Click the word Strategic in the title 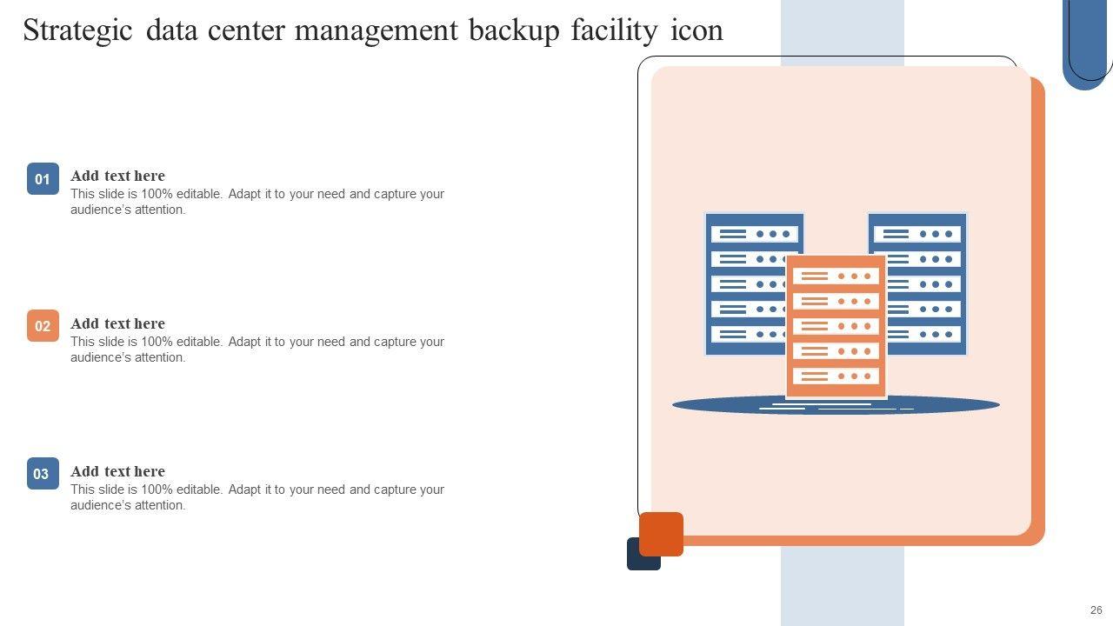click(77, 30)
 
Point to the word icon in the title click(696, 30)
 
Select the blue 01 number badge click(43, 179)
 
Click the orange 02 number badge click(43, 326)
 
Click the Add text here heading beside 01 click(117, 176)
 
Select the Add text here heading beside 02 click(117, 323)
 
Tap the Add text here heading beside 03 click(117, 471)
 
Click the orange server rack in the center click(836, 326)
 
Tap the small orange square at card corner click(662, 533)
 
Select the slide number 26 click(1096, 610)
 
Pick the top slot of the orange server click(836, 276)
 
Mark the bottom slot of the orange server click(836, 376)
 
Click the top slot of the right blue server click(918, 234)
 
